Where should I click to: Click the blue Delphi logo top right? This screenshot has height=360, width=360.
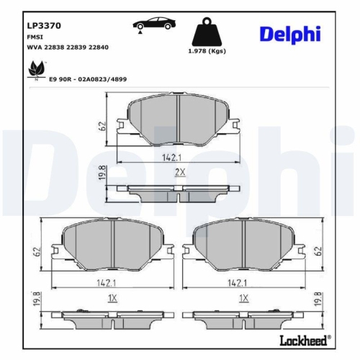[291, 34]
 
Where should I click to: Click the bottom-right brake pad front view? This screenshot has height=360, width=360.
[244, 246]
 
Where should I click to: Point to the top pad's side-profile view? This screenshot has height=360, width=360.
[179, 189]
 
